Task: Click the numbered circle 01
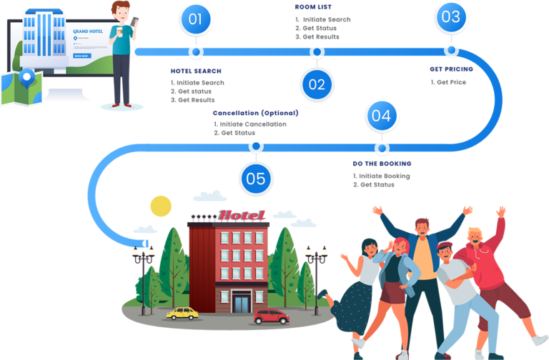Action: pos(195,19)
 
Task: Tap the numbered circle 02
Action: pos(317,84)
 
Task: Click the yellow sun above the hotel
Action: pos(161,206)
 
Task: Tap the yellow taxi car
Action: pos(182,312)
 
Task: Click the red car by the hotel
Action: pos(271,315)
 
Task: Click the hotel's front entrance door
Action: pos(242,303)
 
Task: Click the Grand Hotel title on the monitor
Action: pos(88,31)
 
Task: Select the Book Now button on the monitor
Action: pos(81,55)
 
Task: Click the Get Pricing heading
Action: pos(446,69)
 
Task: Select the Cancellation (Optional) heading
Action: pos(254,113)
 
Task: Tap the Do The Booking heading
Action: pos(381,164)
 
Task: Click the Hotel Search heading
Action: pos(195,71)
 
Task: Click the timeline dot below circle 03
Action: pos(451,50)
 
